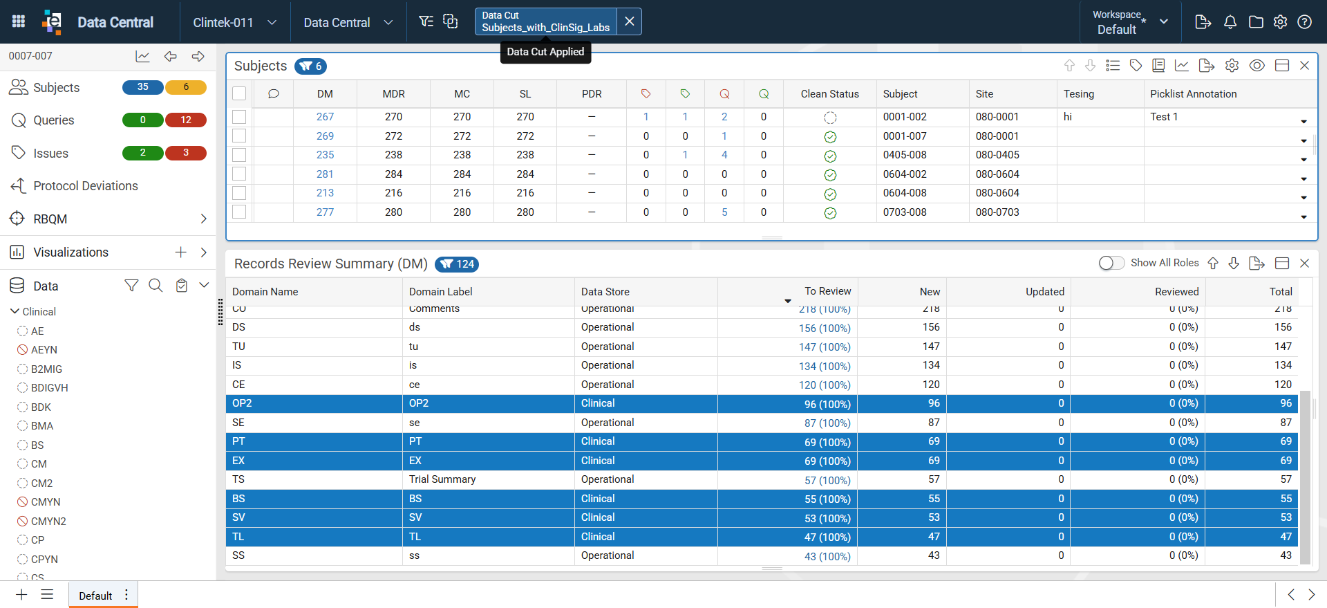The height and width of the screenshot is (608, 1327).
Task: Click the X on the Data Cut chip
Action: tap(629, 21)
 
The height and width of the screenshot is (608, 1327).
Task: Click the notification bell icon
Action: tap(1230, 22)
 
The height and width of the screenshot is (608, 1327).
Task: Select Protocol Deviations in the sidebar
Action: tap(86, 186)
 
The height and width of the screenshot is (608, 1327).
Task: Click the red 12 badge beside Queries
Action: tap(186, 120)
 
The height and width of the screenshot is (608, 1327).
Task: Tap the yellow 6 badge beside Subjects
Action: tap(186, 87)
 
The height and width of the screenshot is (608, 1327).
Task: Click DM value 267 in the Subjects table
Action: tap(325, 117)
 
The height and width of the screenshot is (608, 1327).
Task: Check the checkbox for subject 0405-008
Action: tap(239, 155)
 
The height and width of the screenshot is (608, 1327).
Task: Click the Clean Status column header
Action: tap(829, 94)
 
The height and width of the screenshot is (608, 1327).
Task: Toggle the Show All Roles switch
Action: tap(1111, 263)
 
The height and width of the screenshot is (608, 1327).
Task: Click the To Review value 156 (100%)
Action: tap(825, 328)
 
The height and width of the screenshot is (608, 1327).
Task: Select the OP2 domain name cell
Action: tap(242, 403)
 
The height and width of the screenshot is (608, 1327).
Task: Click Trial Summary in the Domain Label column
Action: tap(442, 479)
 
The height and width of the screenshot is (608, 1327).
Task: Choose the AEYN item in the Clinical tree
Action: tap(44, 350)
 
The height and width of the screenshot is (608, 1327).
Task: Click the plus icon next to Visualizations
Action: tap(180, 252)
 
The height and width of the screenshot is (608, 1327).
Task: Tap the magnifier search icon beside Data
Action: tap(156, 286)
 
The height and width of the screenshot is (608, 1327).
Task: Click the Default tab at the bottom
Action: tap(95, 596)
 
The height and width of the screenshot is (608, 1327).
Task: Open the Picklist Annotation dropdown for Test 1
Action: tap(1304, 122)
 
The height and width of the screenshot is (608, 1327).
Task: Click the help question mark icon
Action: tap(1305, 22)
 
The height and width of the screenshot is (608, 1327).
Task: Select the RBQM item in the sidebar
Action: tap(50, 219)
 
